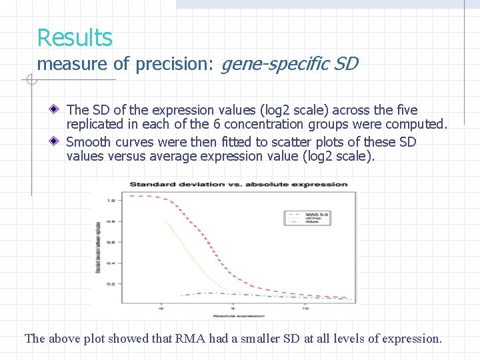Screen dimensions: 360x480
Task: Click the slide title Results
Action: pyautogui.click(x=75, y=37)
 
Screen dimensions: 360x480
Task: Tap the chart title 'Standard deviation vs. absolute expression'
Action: pyautogui.click(x=238, y=184)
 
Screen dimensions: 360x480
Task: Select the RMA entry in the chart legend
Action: pyautogui.click(x=314, y=222)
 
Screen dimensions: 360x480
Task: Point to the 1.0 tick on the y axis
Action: pyautogui.click(x=111, y=201)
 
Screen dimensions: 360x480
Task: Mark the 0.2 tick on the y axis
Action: pyautogui.click(x=111, y=284)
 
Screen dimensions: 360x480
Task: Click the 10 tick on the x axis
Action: pyautogui.click(x=305, y=309)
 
